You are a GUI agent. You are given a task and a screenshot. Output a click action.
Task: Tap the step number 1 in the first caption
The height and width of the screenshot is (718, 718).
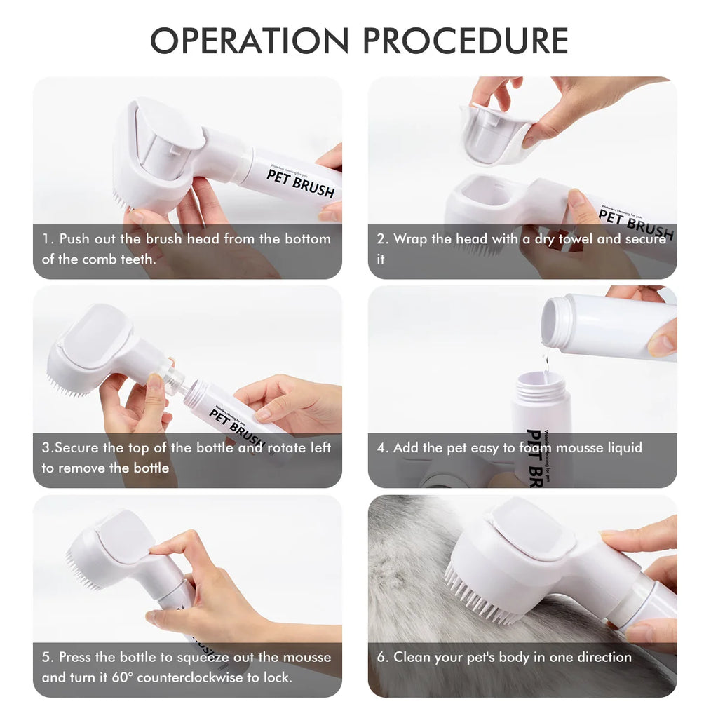pyautogui.click(x=46, y=239)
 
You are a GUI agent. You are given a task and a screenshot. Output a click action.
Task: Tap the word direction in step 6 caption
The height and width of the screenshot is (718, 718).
pyautogui.click(x=597, y=657)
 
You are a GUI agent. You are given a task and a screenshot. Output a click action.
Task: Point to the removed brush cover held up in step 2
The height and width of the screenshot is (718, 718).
pyautogui.click(x=495, y=134)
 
